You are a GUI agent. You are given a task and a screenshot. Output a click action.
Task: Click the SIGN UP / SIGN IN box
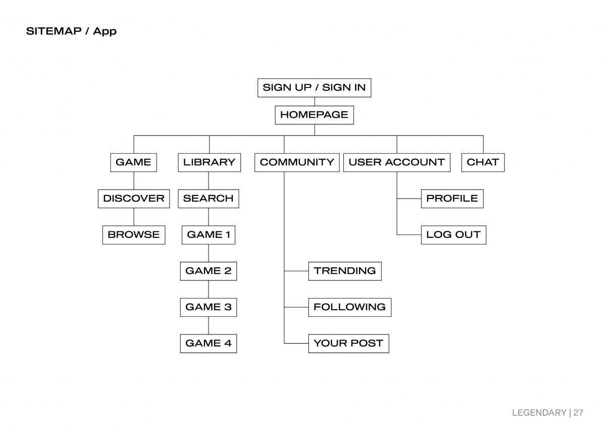click(314, 87)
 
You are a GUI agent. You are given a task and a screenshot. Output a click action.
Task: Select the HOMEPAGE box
click(314, 115)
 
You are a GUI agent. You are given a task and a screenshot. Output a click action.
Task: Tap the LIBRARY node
click(210, 162)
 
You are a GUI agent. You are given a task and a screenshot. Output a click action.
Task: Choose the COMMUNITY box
click(297, 162)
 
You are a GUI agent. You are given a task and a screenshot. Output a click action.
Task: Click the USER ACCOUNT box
click(397, 162)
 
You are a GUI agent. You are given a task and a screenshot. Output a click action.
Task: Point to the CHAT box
click(483, 162)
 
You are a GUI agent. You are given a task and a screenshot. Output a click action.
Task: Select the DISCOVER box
click(134, 199)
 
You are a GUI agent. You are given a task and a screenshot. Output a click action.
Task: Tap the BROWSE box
click(134, 235)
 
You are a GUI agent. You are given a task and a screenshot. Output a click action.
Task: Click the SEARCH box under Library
click(209, 199)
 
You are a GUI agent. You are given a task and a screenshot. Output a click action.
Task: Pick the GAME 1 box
click(209, 235)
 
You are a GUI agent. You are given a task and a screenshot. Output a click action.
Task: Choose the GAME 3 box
click(209, 307)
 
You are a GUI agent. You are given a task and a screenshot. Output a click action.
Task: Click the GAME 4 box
click(209, 344)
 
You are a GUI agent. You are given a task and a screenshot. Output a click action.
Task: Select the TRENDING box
click(345, 271)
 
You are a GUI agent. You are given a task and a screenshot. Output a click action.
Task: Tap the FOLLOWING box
click(349, 307)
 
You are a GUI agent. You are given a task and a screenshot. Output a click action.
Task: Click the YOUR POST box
click(348, 344)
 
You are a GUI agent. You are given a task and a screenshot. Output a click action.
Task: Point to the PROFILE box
click(452, 199)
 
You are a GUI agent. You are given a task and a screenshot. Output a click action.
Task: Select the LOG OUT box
click(453, 235)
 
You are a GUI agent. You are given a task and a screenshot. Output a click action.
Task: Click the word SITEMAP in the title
click(54, 31)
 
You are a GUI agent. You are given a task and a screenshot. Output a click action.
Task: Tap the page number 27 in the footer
click(578, 413)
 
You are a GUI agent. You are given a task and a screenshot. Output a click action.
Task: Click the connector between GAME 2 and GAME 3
click(209, 289)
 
